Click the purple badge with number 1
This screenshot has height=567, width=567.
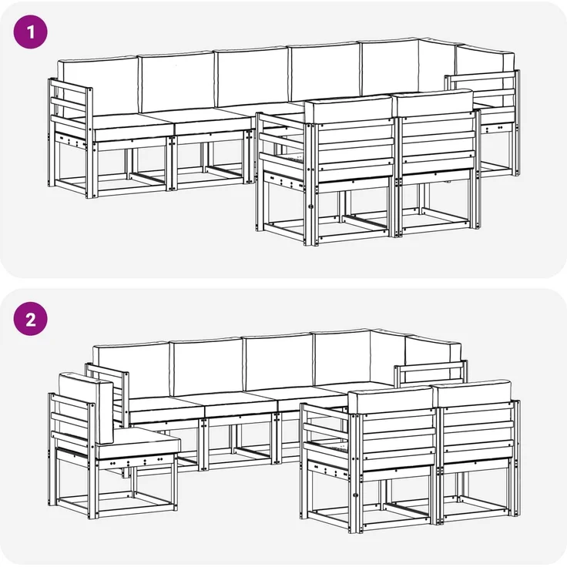point(30,32)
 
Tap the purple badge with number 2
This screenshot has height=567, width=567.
point(30,319)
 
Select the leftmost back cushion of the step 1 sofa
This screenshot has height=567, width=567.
point(98,88)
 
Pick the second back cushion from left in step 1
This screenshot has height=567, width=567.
point(177,82)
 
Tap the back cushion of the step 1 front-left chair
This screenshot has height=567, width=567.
point(348,109)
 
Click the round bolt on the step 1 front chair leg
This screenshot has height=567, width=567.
point(310,206)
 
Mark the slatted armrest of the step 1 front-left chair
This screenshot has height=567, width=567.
point(280,145)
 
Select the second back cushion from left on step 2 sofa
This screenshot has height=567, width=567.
point(207,366)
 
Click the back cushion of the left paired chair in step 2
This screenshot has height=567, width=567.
point(391,400)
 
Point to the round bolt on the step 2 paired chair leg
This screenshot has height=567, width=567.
point(355,495)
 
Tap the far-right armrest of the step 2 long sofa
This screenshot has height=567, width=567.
point(431,374)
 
